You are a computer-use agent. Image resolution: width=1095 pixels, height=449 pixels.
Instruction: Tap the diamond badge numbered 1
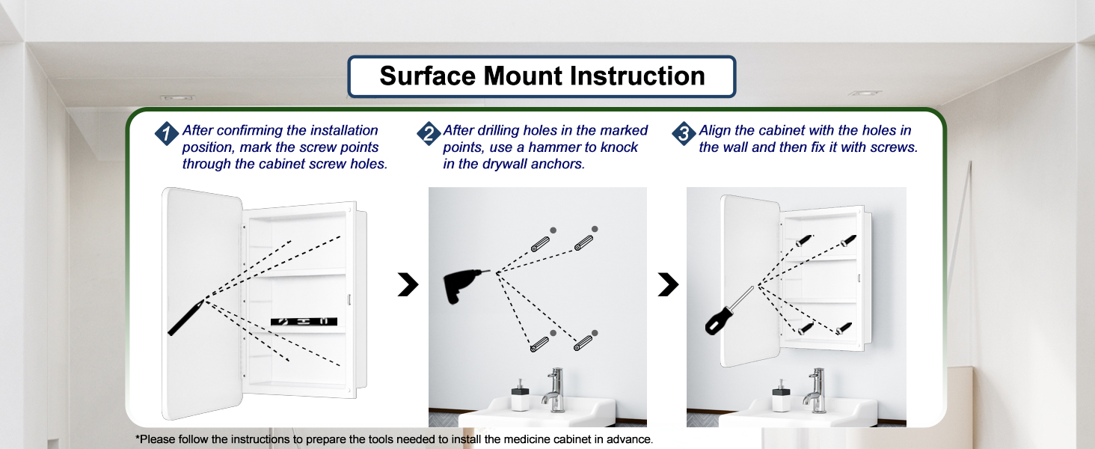pos(166,133)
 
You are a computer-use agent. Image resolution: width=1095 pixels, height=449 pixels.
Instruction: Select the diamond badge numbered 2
pos(429,133)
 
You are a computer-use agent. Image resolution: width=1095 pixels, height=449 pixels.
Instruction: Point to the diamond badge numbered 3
pos(684,133)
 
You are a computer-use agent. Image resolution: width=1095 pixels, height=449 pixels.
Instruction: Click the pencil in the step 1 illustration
pos(185,318)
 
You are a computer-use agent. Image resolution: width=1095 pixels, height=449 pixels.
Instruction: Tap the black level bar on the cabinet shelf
pos(304,321)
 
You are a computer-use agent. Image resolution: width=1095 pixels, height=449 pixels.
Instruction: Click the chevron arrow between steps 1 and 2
pos(408,284)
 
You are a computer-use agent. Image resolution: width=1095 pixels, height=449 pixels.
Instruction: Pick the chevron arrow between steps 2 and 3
pos(668,284)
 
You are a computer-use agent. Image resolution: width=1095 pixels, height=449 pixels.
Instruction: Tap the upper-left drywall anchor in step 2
pos(540,243)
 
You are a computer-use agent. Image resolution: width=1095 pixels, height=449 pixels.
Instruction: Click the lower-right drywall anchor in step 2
pos(583,343)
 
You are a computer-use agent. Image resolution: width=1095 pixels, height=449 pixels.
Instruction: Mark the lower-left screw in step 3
pos(806,329)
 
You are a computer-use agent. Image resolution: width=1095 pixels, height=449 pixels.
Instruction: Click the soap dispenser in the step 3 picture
pos(781,396)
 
